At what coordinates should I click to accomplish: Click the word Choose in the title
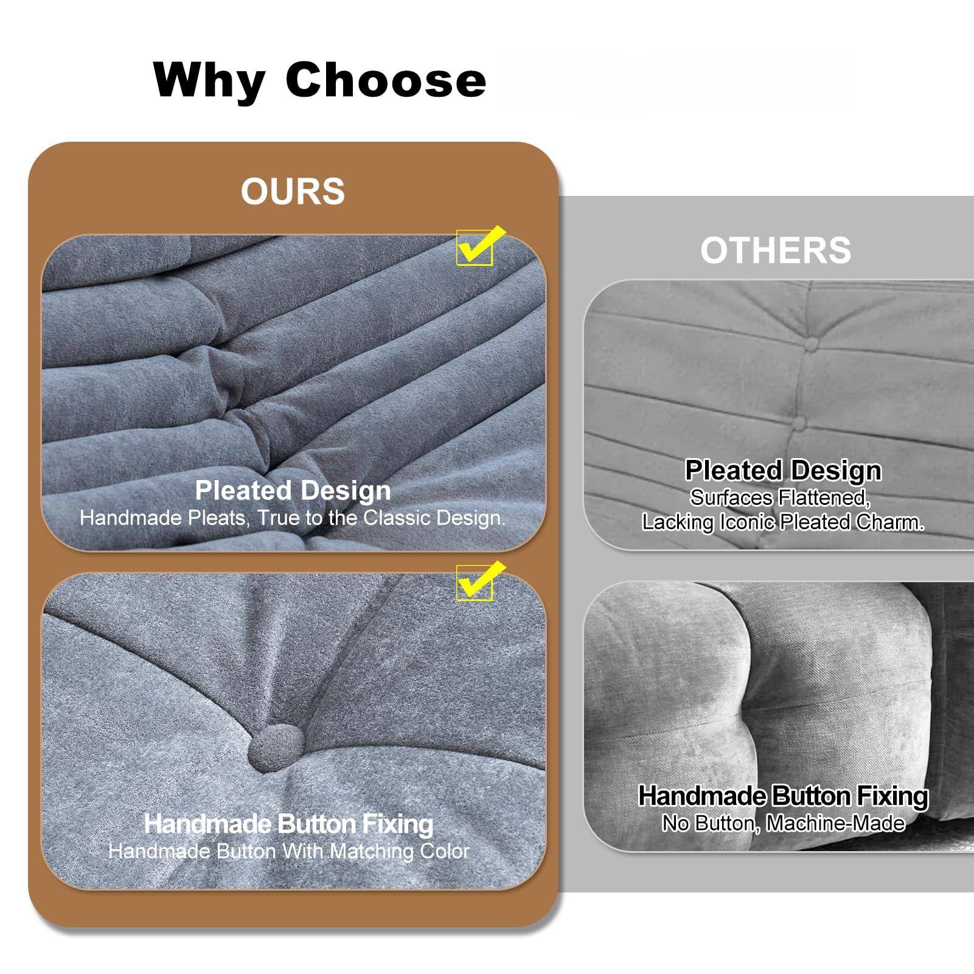click(x=386, y=79)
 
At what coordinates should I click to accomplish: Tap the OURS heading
click(x=293, y=191)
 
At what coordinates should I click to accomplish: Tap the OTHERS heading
click(x=776, y=250)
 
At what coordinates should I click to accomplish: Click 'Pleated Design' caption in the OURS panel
click(x=293, y=490)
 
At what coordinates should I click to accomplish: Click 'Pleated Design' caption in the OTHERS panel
click(x=783, y=470)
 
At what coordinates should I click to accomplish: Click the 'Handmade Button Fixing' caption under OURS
click(x=288, y=824)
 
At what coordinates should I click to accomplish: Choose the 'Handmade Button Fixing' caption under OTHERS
click(x=783, y=796)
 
